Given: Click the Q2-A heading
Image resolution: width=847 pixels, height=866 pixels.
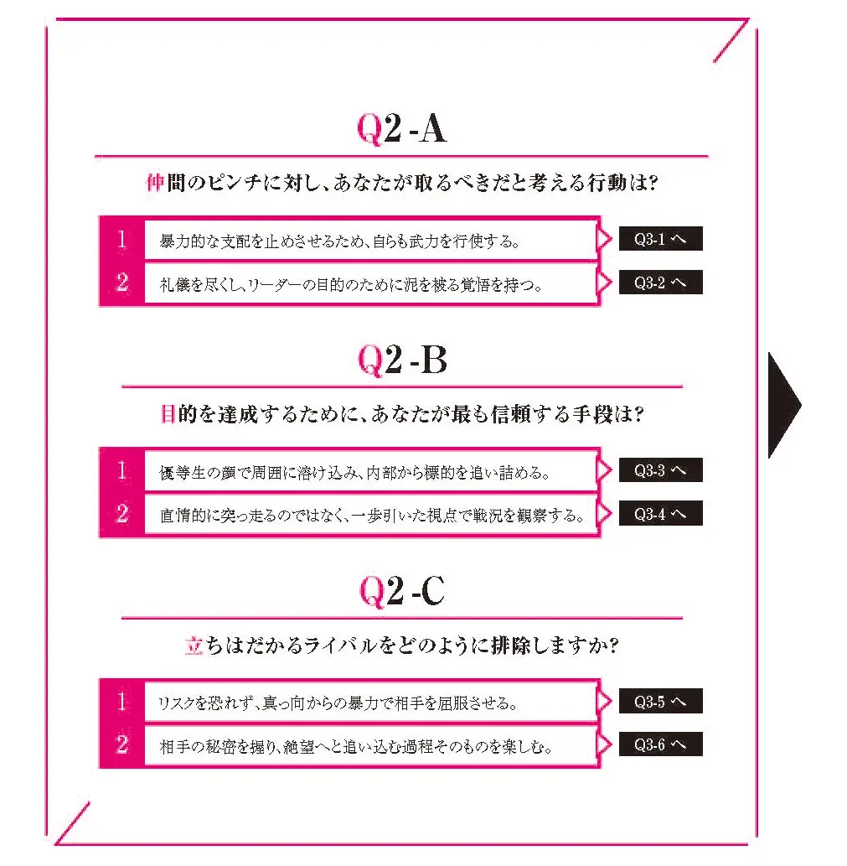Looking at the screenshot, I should (x=401, y=129).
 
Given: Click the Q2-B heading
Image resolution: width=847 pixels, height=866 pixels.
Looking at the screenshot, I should (x=402, y=360).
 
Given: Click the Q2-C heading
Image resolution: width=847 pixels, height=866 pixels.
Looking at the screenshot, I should (x=402, y=592).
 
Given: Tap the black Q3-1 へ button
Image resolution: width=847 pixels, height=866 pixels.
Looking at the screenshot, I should (x=660, y=240).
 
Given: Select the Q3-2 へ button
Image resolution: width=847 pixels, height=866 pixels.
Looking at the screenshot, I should (x=660, y=283).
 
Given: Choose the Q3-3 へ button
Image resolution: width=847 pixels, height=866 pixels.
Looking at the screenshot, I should (x=660, y=471).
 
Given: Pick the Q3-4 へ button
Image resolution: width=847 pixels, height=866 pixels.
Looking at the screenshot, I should (x=660, y=514).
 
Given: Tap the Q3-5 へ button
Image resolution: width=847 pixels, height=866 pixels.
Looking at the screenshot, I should (x=660, y=702).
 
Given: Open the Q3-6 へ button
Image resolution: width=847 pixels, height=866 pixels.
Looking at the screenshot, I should (x=660, y=744).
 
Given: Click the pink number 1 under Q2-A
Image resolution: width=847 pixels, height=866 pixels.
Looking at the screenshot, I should (x=122, y=240).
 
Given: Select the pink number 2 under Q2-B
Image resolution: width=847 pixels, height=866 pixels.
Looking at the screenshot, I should (x=122, y=514).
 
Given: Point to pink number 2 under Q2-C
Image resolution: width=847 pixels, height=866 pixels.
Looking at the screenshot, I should (x=122, y=744).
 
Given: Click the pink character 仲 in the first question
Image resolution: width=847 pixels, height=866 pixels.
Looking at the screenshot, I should (x=154, y=184).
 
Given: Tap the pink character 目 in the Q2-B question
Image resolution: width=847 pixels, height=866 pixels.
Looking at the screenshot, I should (x=168, y=414).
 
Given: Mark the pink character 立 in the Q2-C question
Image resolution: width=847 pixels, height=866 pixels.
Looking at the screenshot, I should (x=194, y=646).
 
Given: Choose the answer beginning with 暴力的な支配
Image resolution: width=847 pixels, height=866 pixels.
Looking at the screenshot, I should (x=340, y=241).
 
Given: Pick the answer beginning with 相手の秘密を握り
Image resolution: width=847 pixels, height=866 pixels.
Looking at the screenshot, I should (x=355, y=746).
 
